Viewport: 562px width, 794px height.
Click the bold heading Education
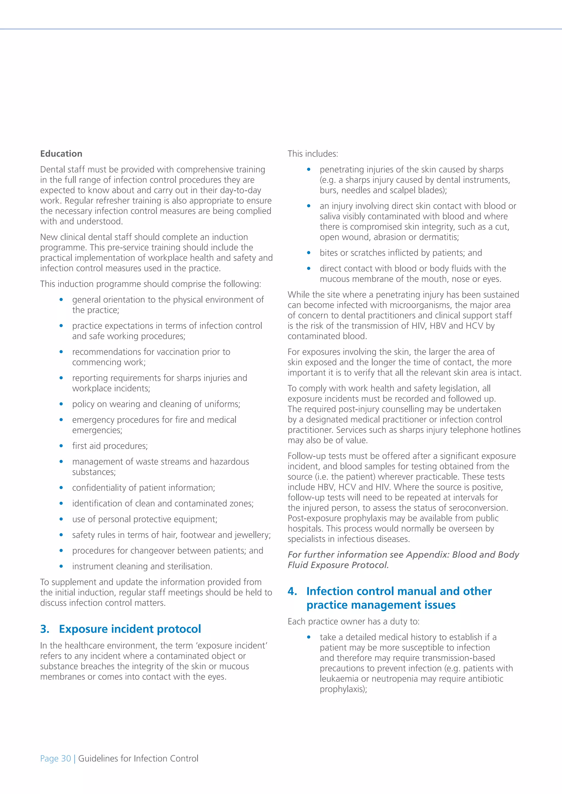[x=61, y=154]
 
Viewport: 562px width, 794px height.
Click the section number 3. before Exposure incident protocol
[x=45, y=629]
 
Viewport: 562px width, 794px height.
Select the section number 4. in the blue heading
[x=293, y=591]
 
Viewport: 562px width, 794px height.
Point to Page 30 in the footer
[x=55, y=758]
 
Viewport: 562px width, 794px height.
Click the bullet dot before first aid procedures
[x=61, y=446]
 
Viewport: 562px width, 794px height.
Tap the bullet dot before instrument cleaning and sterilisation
[x=61, y=566]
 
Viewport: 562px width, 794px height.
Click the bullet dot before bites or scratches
[x=309, y=253]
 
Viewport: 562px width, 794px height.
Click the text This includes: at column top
[x=313, y=154]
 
